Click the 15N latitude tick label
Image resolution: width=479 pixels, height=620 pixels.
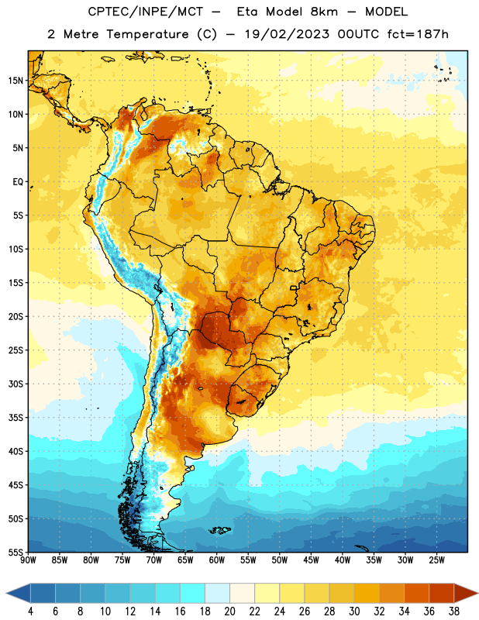16,81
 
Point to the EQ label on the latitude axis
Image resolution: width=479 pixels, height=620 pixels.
18,182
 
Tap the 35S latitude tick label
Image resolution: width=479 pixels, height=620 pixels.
16,418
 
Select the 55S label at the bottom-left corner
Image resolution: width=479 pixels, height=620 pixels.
16,552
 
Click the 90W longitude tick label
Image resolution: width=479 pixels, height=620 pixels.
28,560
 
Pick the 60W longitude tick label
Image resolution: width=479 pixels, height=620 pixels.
217,560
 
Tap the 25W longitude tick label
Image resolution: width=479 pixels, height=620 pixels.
436,560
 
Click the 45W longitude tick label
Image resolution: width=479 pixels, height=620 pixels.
311,560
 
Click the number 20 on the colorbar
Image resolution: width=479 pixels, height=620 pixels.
229,611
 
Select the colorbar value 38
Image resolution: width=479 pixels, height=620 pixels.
454,611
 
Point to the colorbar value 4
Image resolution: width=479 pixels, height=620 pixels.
31,611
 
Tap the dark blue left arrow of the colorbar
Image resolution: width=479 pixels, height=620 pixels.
18,593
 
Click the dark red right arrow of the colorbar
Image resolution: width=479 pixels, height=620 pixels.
466,593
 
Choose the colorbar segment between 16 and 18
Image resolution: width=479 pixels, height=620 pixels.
193,593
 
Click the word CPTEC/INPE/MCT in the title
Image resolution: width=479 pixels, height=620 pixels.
146,12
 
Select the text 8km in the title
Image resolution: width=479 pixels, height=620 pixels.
324,12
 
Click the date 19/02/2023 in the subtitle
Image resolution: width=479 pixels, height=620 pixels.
287,34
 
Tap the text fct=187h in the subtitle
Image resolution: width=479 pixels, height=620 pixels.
418,34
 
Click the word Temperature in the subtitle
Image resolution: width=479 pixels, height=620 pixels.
148,35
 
